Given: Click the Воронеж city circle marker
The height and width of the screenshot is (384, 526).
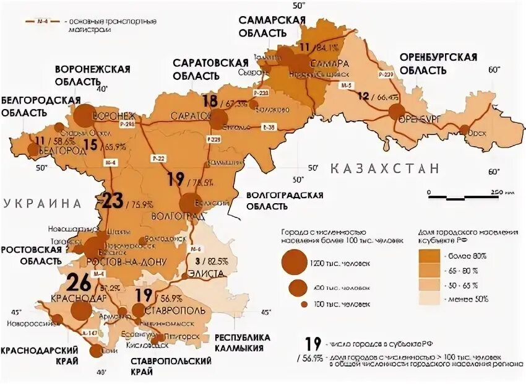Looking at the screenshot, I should [x=84, y=115].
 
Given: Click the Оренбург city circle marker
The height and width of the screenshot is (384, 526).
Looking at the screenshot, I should [x=397, y=112].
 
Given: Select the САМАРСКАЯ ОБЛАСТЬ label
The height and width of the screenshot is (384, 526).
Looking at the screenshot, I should [x=272, y=25].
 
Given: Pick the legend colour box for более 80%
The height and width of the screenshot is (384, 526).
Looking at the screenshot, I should [x=428, y=256].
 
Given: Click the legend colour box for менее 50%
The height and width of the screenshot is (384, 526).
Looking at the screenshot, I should [x=428, y=299].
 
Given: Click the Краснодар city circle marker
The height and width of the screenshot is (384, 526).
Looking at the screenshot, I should [x=80, y=308].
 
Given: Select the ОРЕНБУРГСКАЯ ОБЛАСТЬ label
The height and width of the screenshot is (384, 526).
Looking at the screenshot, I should [x=438, y=63].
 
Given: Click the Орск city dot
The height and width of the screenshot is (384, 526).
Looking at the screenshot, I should [x=464, y=129].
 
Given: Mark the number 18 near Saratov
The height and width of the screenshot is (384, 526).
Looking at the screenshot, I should [x=210, y=102].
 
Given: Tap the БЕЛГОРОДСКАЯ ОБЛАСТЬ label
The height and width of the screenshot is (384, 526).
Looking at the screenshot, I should [x=41, y=106].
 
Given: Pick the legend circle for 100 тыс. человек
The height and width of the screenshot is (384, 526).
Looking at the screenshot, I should [x=304, y=305].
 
